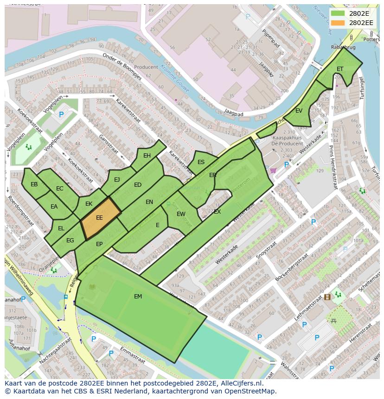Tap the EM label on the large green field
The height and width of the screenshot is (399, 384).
tap(138, 297)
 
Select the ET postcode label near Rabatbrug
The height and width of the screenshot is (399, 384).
tap(340, 69)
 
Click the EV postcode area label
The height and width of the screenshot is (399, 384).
tap(299, 111)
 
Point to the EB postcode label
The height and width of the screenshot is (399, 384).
tap(34, 184)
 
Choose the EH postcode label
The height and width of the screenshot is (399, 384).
tap(147, 156)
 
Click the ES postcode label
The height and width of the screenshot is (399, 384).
tap(201, 162)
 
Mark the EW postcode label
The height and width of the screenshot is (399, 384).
tap(181, 214)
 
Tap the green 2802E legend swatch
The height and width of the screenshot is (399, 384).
tap(338, 13)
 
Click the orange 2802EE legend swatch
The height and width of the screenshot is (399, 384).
tap(338, 23)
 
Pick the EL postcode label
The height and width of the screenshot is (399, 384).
tap(61, 228)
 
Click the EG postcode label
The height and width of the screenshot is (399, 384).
tap(70, 241)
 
